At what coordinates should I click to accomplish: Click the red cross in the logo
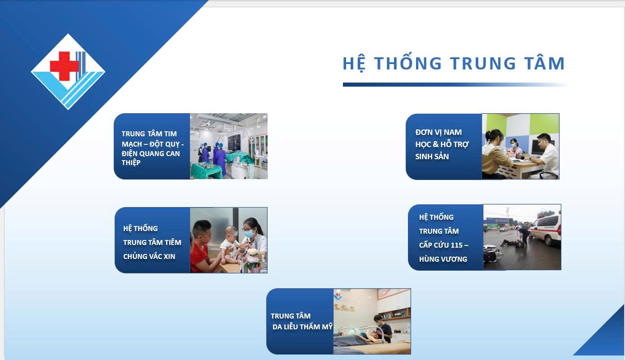tap(65, 66)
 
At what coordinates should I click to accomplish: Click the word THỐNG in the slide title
tap(408, 63)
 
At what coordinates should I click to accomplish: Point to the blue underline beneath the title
tap(455, 84)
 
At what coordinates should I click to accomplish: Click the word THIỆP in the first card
tap(131, 163)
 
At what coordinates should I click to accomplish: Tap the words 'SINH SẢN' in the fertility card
tap(432, 157)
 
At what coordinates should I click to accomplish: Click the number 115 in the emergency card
tap(457, 245)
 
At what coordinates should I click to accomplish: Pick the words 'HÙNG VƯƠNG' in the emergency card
tap(443, 259)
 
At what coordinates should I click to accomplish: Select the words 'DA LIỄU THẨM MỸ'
tap(302, 327)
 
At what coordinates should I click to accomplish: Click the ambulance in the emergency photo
tap(546, 229)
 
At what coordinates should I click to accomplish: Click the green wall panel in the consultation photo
tap(544, 125)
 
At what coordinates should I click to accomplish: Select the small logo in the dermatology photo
tap(338, 295)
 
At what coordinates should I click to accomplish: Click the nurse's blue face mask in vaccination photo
tap(250, 233)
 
